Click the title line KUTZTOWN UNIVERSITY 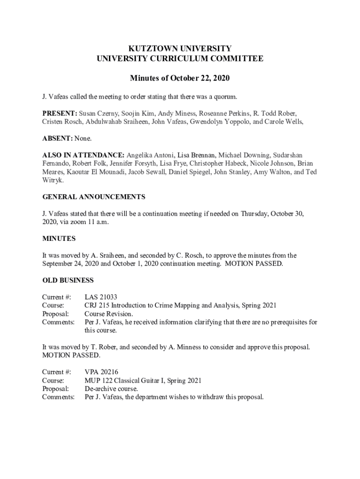coord(180,48)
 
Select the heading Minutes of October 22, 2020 coord(180,78)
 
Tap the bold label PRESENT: coord(60,114)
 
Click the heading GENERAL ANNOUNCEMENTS coord(94,196)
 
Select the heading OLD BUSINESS coord(68,280)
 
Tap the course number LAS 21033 coord(101,297)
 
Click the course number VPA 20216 coord(101,372)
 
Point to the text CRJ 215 coord(96,305)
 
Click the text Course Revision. coord(108,314)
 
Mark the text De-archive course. coord(111,389)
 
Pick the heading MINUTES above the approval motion coord(59,239)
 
